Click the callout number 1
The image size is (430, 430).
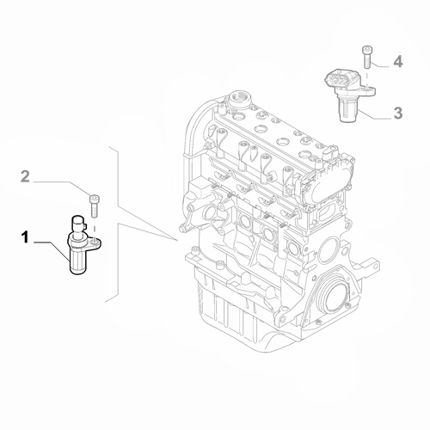pyautogui.click(x=25, y=238)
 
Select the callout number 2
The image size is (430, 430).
pyautogui.click(x=25, y=176)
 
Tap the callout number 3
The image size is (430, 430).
pyautogui.click(x=398, y=113)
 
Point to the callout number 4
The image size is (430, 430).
pyautogui.click(x=398, y=62)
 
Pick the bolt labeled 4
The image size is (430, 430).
pyautogui.click(x=367, y=57)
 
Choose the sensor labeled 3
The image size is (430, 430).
pyautogui.click(x=349, y=95)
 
